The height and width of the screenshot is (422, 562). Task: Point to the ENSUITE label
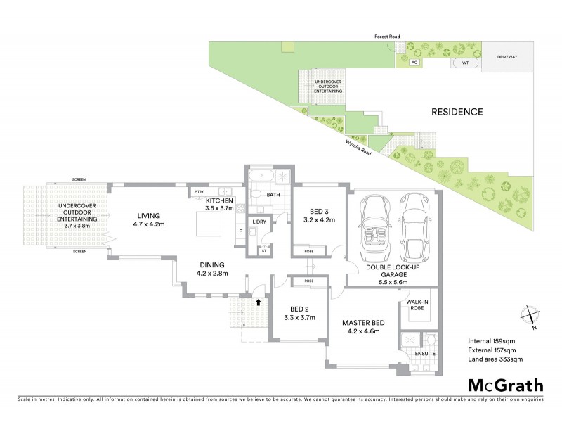point(425,353)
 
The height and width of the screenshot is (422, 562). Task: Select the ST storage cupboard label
point(264,250)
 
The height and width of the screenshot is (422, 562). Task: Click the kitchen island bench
point(209,226)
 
